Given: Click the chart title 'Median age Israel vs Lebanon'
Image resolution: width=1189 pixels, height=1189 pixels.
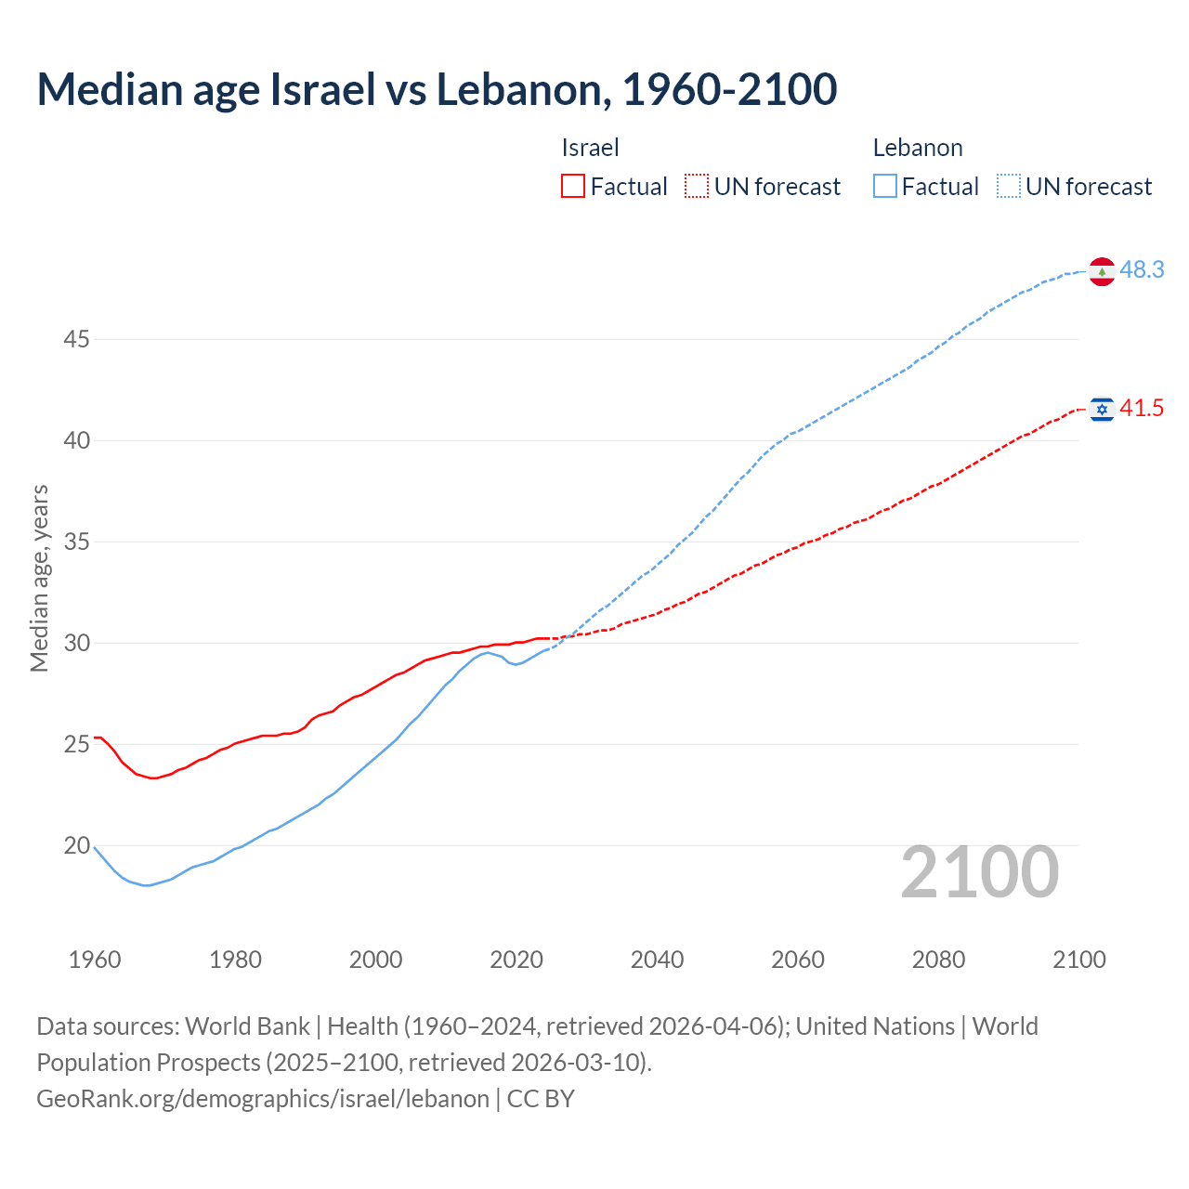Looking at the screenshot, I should [x=437, y=89].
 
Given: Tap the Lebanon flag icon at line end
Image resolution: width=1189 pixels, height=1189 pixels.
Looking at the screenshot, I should [x=1102, y=271].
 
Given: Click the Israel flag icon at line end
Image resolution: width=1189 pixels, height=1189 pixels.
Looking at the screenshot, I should [x=1102, y=409].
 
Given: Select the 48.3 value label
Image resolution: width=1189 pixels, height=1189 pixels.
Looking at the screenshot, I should [x=1142, y=270].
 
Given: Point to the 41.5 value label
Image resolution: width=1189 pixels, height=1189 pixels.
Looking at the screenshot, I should [x=1142, y=409].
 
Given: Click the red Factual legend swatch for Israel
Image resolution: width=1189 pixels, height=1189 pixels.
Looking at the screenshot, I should [x=573, y=186].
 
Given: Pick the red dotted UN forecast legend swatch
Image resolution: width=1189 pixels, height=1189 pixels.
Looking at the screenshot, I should [x=697, y=186].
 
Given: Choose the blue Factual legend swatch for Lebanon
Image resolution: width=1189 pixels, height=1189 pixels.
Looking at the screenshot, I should [x=885, y=186].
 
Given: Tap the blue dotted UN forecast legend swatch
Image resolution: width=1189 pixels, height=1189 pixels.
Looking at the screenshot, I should [x=1009, y=186].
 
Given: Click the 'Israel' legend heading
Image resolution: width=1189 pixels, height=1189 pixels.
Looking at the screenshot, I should [x=590, y=148].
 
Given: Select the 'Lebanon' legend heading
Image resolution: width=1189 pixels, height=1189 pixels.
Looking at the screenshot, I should [x=917, y=148].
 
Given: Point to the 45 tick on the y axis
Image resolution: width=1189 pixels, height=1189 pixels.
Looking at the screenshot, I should [x=76, y=340].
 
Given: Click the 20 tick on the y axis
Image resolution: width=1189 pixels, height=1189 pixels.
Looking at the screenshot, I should [x=76, y=846].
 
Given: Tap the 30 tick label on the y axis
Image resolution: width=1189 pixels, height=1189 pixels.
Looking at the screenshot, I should [x=76, y=644].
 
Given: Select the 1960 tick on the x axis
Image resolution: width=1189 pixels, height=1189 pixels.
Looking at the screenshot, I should [x=95, y=960].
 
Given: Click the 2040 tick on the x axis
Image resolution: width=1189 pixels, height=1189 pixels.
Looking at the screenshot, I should [x=657, y=960].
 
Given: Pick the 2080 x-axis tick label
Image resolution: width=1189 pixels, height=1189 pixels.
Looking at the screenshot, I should [x=938, y=960].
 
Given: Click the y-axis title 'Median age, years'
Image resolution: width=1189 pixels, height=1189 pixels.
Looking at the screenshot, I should [x=39, y=578].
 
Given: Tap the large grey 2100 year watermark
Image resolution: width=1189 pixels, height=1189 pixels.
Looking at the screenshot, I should [x=979, y=872].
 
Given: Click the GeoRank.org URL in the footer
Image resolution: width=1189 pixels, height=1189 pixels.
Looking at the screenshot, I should [x=263, y=1099].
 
